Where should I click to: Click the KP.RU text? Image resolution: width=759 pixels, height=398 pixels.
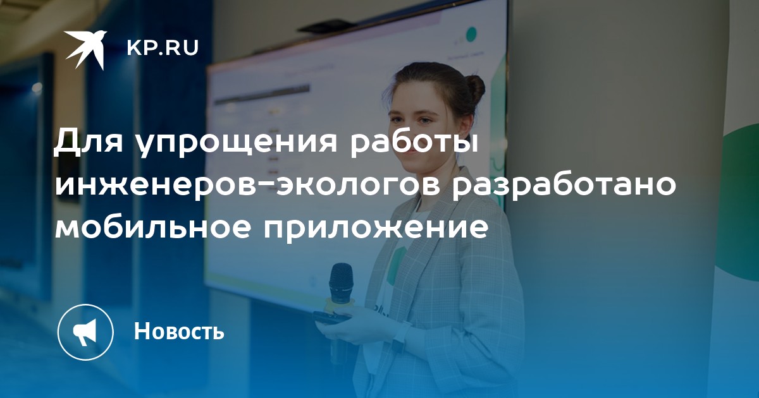coord(163,48)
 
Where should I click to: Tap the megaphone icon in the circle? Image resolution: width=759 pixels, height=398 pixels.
coord(85,332)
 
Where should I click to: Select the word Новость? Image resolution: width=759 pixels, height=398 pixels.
coord(179,331)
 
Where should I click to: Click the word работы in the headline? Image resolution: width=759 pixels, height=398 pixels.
coord(414,143)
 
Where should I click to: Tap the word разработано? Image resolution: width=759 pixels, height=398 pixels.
coord(562,186)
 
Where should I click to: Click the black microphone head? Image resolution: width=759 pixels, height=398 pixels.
coord(341,282)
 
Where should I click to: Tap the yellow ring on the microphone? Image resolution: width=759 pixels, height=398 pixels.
coord(340,302)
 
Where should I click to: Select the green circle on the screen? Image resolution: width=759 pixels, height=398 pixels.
coord(471,35)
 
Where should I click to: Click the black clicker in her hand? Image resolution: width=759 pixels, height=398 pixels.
coord(331,317)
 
